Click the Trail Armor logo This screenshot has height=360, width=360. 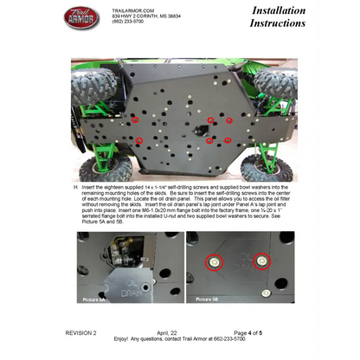coord(83,17)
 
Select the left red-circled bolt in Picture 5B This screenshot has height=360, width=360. coord(213,260)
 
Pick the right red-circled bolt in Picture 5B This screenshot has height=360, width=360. coord(262,259)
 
